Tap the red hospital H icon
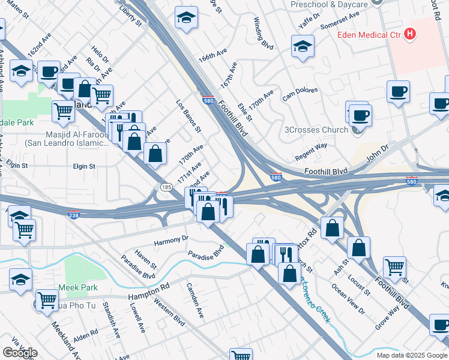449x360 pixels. tap(410, 34)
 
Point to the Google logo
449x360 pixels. tap(20, 352)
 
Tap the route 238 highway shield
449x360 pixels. tap(74, 215)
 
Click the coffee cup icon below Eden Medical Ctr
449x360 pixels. tap(399, 92)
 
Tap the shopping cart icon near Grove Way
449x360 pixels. tap(394, 267)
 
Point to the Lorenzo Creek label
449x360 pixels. tap(315, 301)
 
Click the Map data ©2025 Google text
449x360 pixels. tap(411, 355)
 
